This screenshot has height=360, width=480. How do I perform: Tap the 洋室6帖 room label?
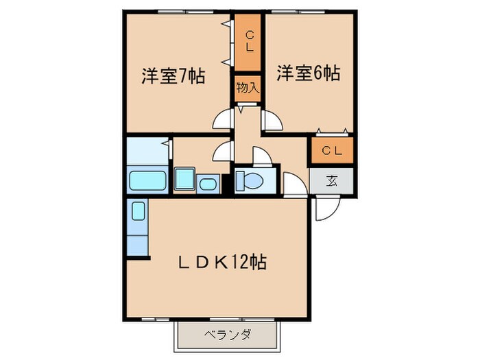[309, 73]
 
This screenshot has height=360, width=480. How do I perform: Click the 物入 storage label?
[247, 87]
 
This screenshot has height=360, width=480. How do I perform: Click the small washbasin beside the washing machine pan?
[207, 184]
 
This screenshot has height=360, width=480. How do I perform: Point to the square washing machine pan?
[184, 180]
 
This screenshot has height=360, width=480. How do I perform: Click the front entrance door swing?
[322, 209]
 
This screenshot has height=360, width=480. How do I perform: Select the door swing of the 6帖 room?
[272, 121]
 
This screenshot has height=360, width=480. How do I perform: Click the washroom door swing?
[224, 150]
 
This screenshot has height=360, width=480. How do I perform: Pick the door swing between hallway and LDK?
[296, 184]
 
